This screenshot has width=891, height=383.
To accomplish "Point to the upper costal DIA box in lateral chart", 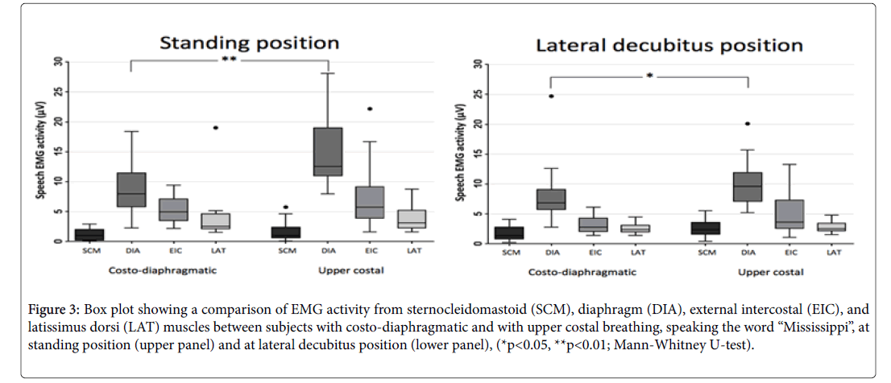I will tap(748, 187).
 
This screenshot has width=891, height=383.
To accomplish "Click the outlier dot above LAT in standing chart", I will tap(215, 128).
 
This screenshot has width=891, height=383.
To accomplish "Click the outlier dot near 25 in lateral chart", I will tap(552, 96).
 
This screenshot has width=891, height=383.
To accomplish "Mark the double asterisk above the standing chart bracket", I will tap(229, 60).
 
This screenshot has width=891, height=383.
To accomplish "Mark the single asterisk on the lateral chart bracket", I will tap(649, 76).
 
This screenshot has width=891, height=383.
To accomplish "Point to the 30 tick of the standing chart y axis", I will tap(58, 61).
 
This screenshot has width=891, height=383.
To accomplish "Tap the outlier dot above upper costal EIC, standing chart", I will tap(370, 109).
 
